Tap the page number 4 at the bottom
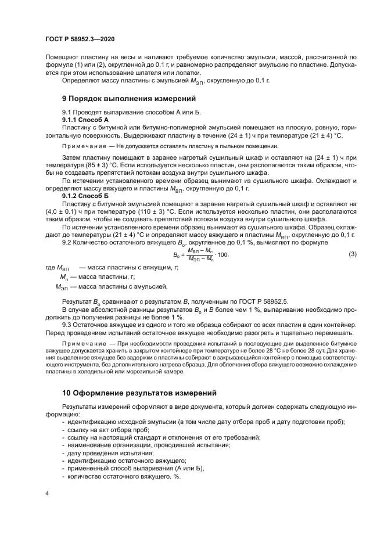46,493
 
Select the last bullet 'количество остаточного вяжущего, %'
124,476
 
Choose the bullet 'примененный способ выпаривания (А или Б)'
135,468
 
